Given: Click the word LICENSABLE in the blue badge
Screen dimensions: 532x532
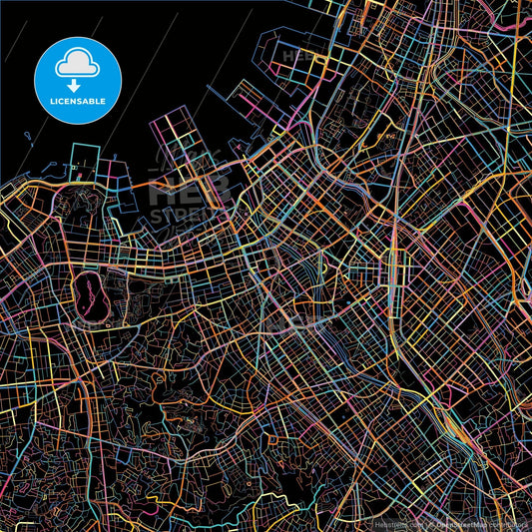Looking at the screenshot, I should (78, 101).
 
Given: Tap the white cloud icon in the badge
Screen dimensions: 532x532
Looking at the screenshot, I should (78, 63).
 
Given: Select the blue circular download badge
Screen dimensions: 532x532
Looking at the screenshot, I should (78, 81).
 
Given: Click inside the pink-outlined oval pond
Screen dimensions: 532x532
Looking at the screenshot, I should (88, 295).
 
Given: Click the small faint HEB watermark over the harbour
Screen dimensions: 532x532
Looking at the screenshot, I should (299, 57).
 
